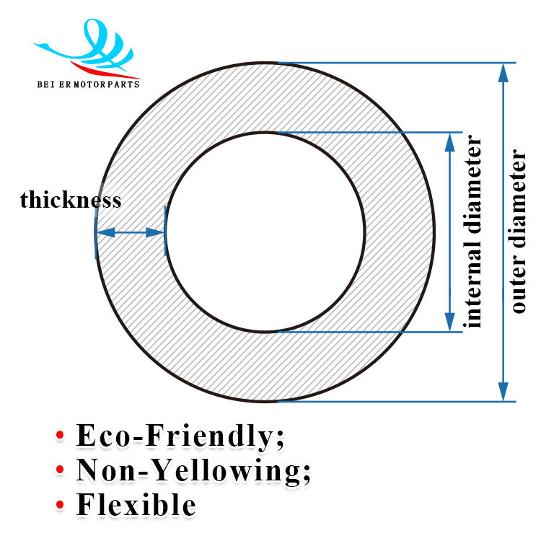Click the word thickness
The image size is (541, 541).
point(71,200)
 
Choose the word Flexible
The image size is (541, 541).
point(136,505)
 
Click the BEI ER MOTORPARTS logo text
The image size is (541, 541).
point(88,84)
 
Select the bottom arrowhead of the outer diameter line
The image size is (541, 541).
point(503,394)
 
